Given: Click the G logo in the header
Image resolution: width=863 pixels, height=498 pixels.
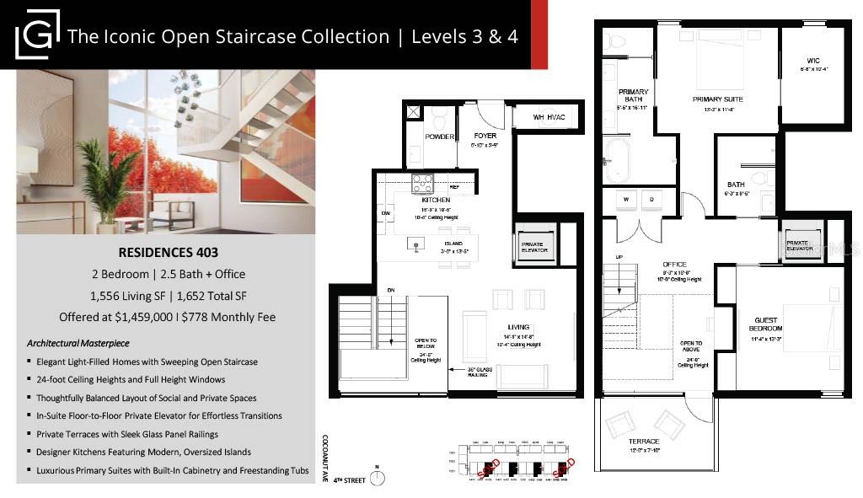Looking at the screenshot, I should pyautogui.click(x=37, y=34).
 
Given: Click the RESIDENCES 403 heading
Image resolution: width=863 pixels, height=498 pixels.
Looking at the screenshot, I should pyautogui.click(x=166, y=252).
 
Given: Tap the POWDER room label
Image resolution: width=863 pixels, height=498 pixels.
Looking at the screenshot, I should pyautogui.click(x=440, y=137).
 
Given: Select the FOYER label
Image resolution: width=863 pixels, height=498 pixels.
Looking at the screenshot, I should pyautogui.click(x=485, y=136).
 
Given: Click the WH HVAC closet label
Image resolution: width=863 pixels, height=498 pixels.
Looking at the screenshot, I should pyautogui.click(x=549, y=117).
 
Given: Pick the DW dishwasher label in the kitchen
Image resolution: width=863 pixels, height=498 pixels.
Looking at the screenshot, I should pyautogui.click(x=385, y=214).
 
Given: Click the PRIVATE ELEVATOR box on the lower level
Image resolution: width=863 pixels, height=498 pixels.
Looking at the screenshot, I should pyautogui.click(x=535, y=246).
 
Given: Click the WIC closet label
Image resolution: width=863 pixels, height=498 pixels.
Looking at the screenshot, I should pyautogui.click(x=812, y=60).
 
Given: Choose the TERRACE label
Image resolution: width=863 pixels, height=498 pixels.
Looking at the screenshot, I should pyautogui.click(x=643, y=441).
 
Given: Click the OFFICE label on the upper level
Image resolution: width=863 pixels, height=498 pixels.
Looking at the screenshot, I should pyautogui.click(x=674, y=264).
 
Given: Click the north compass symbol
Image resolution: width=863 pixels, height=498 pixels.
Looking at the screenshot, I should pyautogui.click(x=378, y=478).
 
